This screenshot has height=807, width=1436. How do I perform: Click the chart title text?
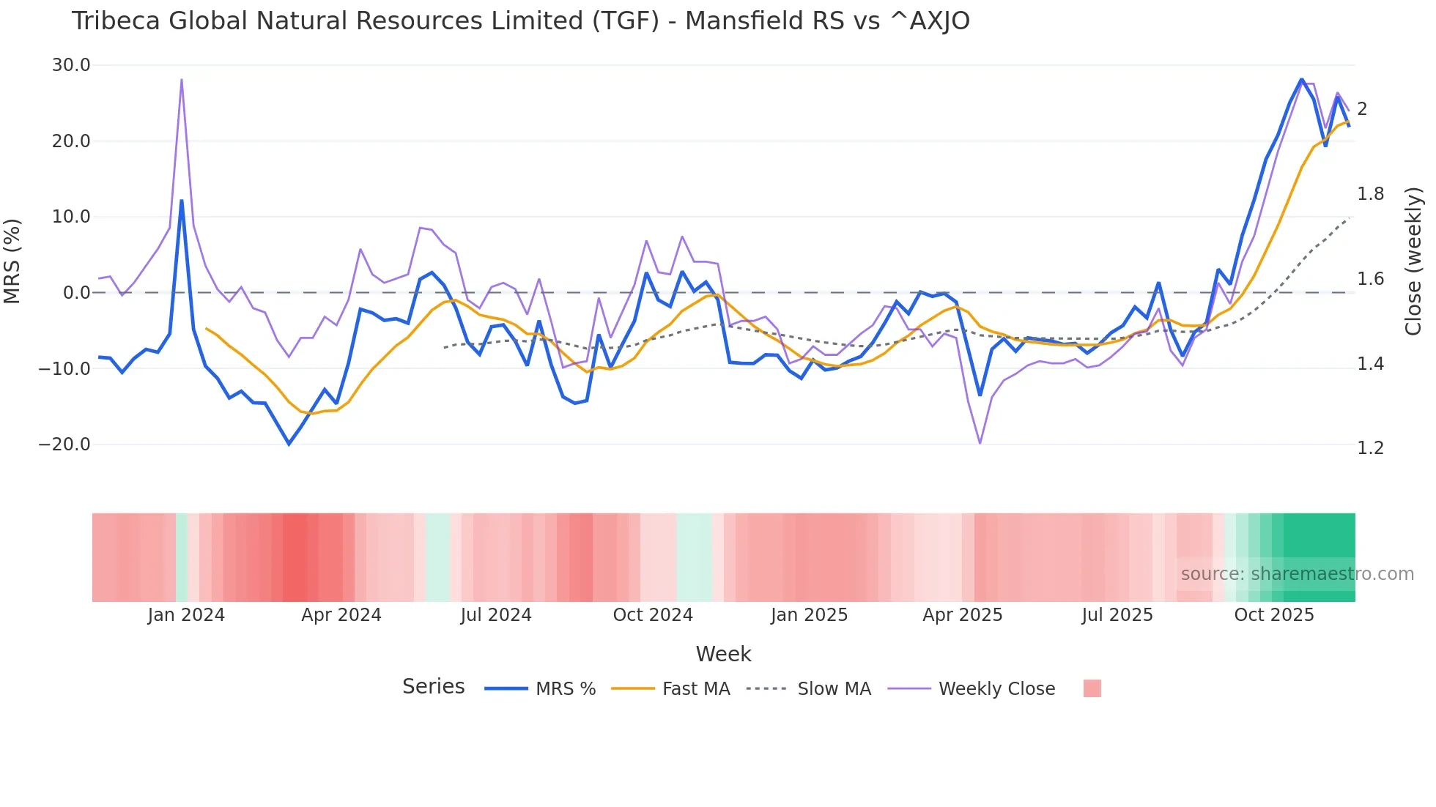click(520, 21)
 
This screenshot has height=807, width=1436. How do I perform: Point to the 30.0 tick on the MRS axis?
click(71, 65)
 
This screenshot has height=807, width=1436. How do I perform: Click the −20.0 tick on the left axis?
click(64, 445)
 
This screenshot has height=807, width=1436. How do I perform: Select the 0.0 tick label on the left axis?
click(77, 293)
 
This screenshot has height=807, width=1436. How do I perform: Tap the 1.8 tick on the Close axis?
click(1371, 194)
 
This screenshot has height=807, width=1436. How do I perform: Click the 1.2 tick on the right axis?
click(1371, 448)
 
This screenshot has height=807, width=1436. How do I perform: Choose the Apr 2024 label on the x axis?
click(341, 615)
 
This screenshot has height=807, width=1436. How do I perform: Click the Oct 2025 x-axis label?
click(1274, 615)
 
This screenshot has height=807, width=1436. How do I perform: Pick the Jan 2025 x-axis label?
click(809, 615)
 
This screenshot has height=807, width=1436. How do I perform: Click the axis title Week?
click(723, 654)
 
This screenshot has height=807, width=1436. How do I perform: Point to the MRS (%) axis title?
click(12, 261)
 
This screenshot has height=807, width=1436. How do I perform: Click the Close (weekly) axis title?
click(1413, 261)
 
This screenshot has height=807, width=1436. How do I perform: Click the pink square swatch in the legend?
click(1092, 688)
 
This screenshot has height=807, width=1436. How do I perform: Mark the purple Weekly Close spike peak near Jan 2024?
click(182, 79)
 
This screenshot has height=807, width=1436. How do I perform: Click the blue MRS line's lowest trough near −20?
click(289, 444)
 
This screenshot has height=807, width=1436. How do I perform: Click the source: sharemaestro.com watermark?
click(1297, 574)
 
